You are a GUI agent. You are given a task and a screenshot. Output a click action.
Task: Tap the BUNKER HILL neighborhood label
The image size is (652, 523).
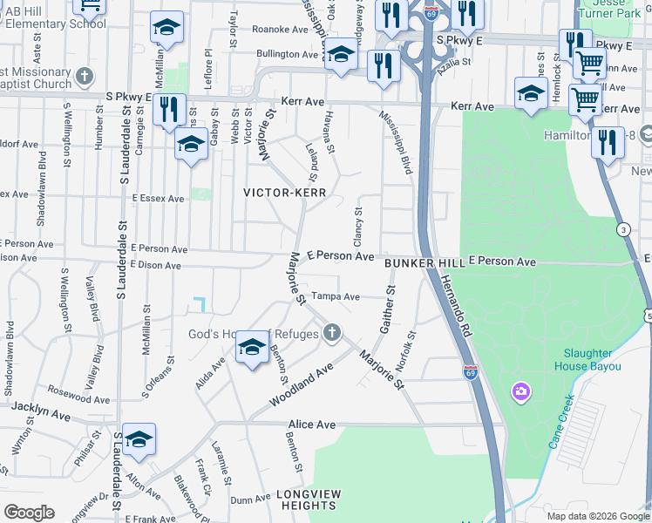(x=424, y=262)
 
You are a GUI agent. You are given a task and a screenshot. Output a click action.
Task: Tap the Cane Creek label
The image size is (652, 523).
(x=561, y=421)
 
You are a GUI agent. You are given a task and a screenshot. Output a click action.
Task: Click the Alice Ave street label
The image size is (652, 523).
(x=311, y=425)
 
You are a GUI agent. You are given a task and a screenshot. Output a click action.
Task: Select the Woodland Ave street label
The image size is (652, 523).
(x=302, y=384)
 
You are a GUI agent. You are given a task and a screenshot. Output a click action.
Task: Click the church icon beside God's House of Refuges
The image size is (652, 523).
(x=331, y=332)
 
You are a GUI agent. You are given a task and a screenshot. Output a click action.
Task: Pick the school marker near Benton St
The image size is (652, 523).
(x=252, y=350)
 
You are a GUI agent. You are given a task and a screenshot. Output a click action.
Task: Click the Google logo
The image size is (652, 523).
(x=29, y=513)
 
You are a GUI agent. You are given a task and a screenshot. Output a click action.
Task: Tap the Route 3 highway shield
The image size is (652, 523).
(x=623, y=229)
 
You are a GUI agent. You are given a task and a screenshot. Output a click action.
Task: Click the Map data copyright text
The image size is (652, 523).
(x=598, y=516)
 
